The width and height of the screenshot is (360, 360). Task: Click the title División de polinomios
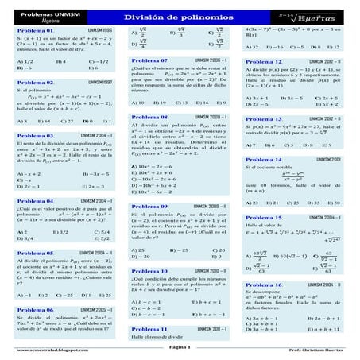tap(180, 17)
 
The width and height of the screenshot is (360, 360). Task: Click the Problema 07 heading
tap(149, 60)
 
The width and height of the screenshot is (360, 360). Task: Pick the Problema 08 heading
tap(149, 116)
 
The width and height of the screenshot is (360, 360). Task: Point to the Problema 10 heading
tap(149, 271)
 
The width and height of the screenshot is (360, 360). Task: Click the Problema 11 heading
tap(149, 328)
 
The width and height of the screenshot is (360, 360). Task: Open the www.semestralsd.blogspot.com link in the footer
tap(44, 350)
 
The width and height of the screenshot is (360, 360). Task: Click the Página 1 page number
tap(180, 350)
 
